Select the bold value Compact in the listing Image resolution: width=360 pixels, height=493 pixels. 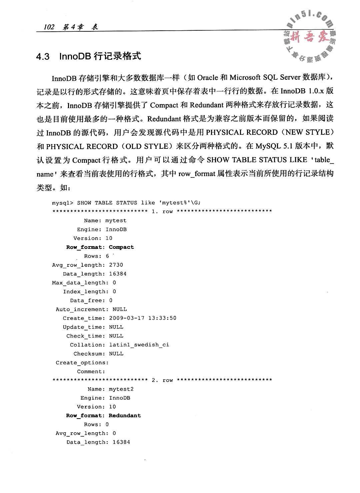pos(121,247)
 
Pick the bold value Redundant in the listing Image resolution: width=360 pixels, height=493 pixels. pos(125,416)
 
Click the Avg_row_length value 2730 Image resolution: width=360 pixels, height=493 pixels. pos(116,265)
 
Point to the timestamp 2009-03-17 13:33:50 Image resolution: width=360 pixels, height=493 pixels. pos(143,318)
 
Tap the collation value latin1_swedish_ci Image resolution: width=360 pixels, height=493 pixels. pos(139,345)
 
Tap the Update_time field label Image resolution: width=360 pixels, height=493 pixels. pos(84,327)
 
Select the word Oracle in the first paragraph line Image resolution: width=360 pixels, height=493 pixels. pos(207,78)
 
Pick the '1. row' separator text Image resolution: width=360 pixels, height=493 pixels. pos(162,211)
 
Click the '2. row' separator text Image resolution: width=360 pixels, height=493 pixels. pos(162,380)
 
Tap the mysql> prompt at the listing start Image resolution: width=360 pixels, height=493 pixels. pos(63,202)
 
